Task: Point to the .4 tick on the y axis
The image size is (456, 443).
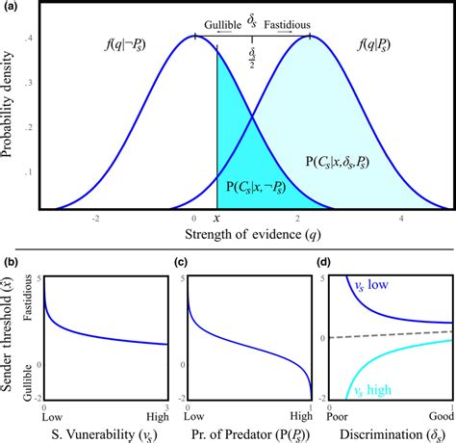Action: (x=30, y=38)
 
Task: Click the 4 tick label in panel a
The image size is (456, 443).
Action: (x=401, y=220)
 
